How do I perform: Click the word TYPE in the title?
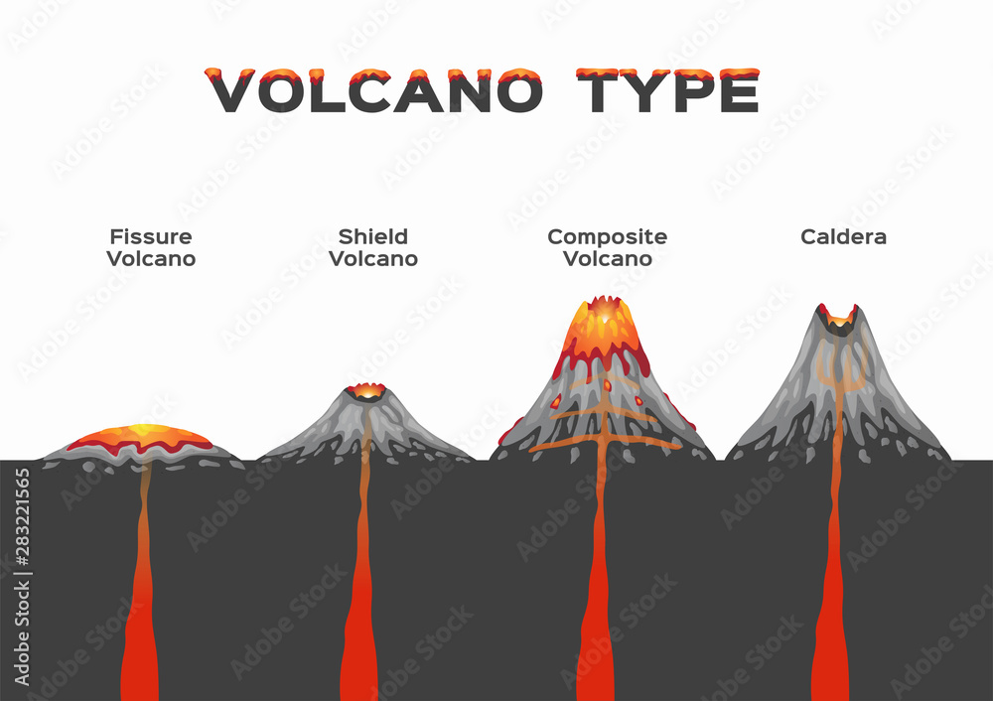(x=672, y=91)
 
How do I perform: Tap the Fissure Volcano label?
(x=151, y=247)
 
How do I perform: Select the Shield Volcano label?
(x=372, y=247)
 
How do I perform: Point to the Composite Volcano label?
(x=607, y=247)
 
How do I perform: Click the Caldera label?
(x=843, y=237)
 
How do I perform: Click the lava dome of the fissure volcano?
(x=141, y=438)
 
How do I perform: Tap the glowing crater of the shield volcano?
(x=367, y=390)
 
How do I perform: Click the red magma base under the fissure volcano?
(x=138, y=655)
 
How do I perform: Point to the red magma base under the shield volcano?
(x=358, y=655)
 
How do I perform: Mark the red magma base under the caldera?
(x=829, y=655)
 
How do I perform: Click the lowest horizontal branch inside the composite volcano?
(x=604, y=445)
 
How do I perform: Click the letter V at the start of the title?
(x=229, y=91)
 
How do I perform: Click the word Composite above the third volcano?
(x=607, y=237)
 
